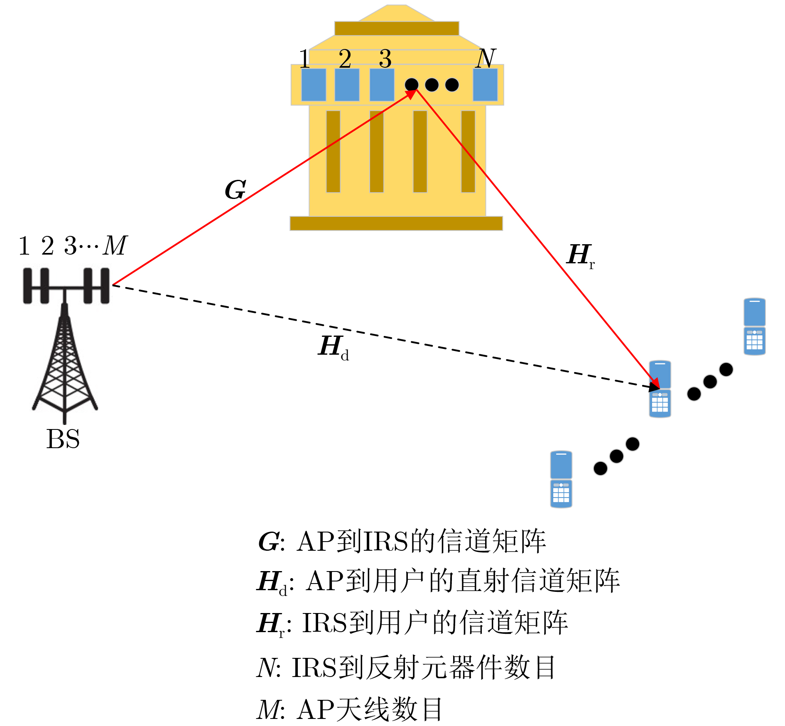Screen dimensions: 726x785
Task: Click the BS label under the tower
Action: [x=63, y=439]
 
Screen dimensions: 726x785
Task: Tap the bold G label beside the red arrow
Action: [x=235, y=190]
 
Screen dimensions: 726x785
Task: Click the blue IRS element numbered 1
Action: [x=314, y=85]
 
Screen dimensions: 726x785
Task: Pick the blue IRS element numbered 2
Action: [x=347, y=85]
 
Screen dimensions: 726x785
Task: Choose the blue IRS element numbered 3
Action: [x=382, y=85]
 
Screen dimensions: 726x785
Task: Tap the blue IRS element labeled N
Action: [x=485, y=85]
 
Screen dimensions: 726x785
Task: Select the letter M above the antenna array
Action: [x=115, y=245]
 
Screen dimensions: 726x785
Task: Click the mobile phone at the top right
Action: [x=754, y=326]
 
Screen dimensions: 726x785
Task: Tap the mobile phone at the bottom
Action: [x=561, y=479]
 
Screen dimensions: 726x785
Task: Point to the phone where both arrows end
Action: [x=660, y=389]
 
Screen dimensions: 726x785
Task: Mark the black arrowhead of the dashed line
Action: [x=654, y=387]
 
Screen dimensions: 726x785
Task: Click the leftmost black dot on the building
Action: [x=412, y=85]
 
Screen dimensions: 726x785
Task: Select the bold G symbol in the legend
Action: [x=268, y=542]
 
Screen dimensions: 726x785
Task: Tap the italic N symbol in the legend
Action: [x=266, y=668]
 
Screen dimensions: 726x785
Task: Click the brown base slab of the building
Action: [x=396, y=223]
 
